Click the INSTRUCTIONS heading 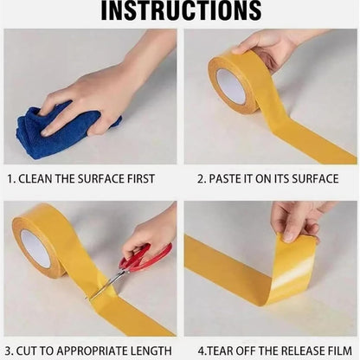pos(181,10)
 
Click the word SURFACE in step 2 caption pos(315,179)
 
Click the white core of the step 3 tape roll pos(35,248)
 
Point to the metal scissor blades pos(107,284)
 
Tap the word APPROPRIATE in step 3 pos(92,351)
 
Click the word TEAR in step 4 pos(221,351)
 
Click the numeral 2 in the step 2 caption pos(200,179)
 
